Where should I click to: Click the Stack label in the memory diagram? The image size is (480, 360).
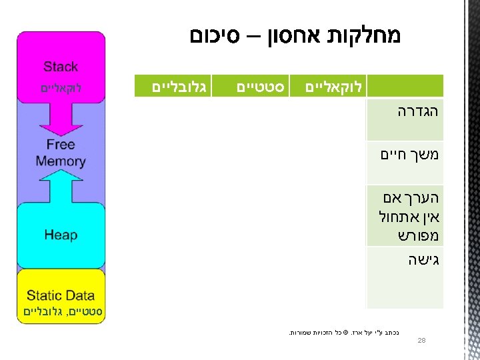(61, 67)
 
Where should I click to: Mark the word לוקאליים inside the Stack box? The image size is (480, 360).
(61, 87)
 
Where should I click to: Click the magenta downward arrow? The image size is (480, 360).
(61, 117)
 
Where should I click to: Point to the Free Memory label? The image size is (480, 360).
(61, 153)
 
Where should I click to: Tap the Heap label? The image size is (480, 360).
(61, 235)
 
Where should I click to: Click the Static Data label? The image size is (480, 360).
(61, 295)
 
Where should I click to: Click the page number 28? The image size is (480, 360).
(421, 341)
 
